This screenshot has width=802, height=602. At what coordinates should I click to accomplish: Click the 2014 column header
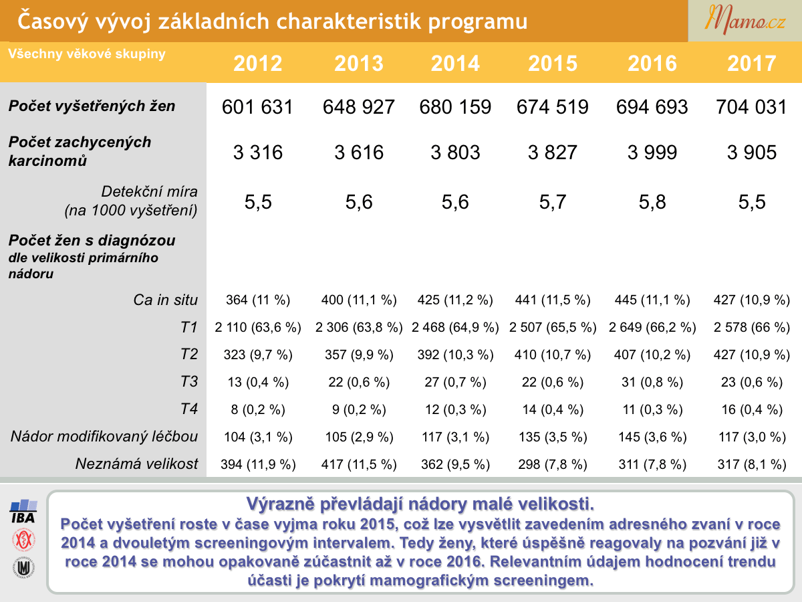(x=455, y=64)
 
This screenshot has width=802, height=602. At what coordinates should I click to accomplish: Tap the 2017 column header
(x=752, y=64)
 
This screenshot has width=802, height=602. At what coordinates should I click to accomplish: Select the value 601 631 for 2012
(x=257, y=107)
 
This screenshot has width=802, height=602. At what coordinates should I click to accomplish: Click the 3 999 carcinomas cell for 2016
(x=652, y=152)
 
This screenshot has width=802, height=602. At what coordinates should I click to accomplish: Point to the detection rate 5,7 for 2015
(x=553, y=202)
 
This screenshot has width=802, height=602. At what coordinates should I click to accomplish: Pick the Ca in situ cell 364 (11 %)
(x=258, y=300)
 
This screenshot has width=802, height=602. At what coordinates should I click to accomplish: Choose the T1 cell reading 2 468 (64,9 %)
(x=455, y=327)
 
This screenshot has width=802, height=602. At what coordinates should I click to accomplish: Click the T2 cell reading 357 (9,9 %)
(x=359, y=355)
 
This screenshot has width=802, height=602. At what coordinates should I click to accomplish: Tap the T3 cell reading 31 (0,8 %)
(x=652, y=382)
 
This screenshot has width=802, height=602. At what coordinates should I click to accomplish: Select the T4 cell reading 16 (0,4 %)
(x=752, y=409)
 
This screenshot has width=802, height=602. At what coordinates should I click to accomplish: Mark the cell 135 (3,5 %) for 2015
(x=553, y=437)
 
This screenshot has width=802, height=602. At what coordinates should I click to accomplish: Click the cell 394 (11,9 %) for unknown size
(x=258, y=464)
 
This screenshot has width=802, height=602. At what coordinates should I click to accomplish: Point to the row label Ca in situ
(x=165, y=300)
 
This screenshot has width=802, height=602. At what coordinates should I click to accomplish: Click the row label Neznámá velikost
(x=136, y=464)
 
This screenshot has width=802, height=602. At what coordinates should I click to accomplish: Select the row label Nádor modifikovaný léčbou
(x=104, y=436)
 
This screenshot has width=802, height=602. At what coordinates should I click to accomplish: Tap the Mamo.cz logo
(x=745, y=20)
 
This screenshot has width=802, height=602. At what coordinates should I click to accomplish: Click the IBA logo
(x=23, y=511)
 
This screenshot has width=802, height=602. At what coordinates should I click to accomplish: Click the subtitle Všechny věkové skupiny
(x=87, y=54)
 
